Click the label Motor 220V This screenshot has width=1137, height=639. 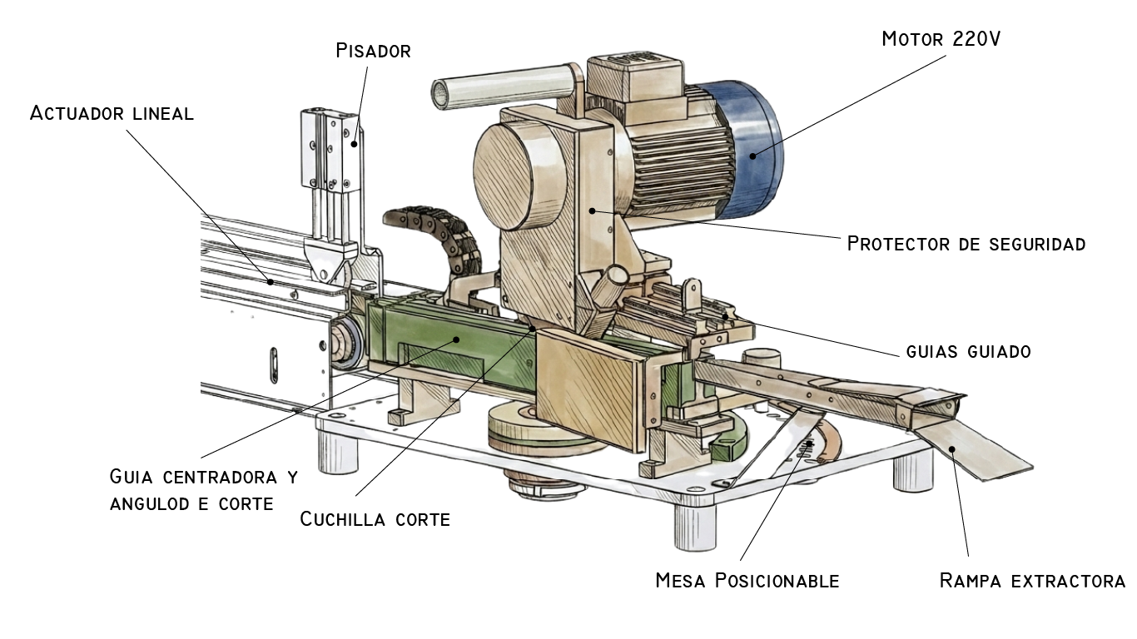coord(941,39)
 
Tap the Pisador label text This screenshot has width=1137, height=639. coord(373,51)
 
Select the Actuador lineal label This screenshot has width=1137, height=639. coord(112,113)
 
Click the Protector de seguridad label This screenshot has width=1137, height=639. coord(966,244)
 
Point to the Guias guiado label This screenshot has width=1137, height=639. coord(968,351)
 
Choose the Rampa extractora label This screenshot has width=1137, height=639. coord(1032,580)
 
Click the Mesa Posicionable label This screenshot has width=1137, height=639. coord(747,580)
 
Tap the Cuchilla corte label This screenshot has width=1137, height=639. coord(375,519)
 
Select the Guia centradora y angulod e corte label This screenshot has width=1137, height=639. coord(203,490)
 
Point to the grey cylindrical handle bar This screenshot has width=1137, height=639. coord(499,85)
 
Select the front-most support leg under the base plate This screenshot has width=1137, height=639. coord(695,526)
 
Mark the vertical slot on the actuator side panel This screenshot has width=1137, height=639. coord(274,366)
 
